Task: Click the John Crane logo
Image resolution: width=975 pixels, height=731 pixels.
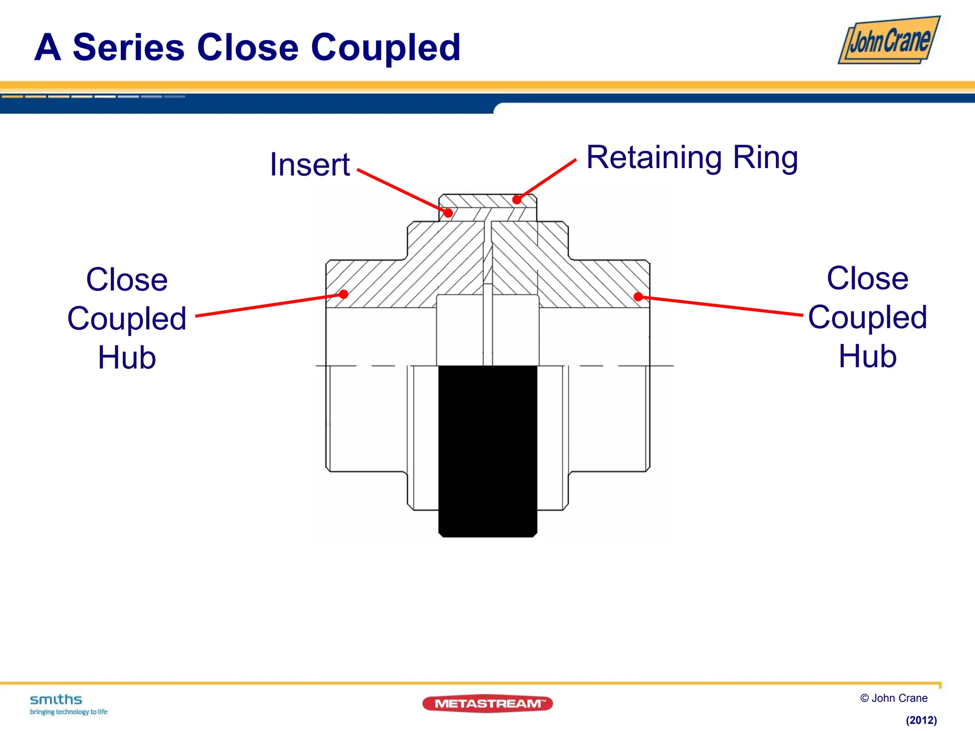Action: pyautogui.click(x=888, y=40)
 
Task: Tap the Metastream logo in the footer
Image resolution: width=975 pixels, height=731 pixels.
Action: pyautogui.click(x=487, y=703)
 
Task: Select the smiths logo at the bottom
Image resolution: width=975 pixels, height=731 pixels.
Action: pyautogui.click(x=56, y=700)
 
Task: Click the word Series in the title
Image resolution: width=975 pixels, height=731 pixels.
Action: pyautogui.click(x=129, y=48)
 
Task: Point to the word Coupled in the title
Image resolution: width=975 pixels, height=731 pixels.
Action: pyautogui.click(x=386, y=48)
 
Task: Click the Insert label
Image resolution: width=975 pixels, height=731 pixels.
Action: pyautogui.click(x=310, y=165)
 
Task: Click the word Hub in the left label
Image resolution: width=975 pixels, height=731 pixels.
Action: pyautogui.click(x=127, y=357)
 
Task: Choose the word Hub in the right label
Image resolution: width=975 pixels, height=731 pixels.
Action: pyautogui.click(x=867, y=356)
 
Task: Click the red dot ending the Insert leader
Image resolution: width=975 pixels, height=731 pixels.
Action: pyautogui.click(x=448, y=213)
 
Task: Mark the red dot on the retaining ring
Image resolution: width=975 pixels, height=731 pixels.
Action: pyautogui.click(x=517, y=200)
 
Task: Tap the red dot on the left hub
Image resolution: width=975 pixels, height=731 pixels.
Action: pyautogui.click(x=344, y=294)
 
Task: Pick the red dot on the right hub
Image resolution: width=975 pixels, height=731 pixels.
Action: pyautogui.click(x=638, y=297)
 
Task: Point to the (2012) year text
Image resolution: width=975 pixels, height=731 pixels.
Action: pyautogui.click(x=921, y=720)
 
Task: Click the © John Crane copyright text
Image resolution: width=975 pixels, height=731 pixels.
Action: pyautogui.click(x=894, y=698)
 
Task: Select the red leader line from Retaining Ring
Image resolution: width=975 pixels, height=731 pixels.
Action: pyautogui.click(x=547, y=179)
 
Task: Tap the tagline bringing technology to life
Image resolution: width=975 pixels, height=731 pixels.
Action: pyautogui.click(x=69, y=712)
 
